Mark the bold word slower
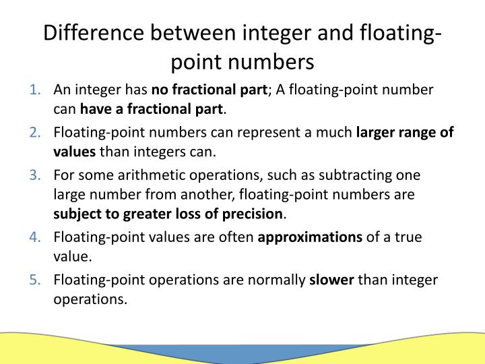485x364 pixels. [x=331, y=280]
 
